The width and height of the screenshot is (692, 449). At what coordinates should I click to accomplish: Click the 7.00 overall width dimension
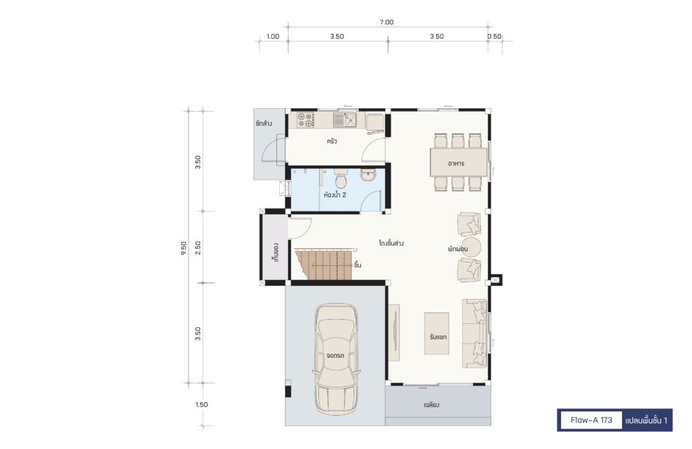point(386,22)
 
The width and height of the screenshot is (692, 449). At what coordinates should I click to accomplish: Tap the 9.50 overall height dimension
point(184,247)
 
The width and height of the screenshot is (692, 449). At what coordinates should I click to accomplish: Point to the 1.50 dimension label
point(201,404)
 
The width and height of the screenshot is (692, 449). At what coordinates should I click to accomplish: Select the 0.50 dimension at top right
point(494,37)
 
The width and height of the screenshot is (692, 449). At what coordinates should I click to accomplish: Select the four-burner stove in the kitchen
point(305,120)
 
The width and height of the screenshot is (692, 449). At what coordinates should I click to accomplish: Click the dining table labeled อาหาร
point(459,162)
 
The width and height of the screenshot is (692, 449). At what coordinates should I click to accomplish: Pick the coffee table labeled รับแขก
point(437,333)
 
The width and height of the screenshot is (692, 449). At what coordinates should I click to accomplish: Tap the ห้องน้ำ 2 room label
point(335,195)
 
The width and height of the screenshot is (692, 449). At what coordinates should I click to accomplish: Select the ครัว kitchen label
point(332,141)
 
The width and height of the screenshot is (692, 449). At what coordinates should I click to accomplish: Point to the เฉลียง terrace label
point(431,404)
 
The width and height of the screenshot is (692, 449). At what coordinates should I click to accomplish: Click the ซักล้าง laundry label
point(264,123)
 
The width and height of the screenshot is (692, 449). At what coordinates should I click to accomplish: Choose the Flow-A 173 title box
point(591,421)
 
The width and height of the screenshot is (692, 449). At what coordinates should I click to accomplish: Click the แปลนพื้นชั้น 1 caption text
point(646,421)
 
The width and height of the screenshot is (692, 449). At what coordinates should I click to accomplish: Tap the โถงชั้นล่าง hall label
point(391,243)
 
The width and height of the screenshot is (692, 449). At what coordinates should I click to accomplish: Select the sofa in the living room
point(475,333)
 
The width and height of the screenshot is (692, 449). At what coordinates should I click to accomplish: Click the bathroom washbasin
point(368,175)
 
